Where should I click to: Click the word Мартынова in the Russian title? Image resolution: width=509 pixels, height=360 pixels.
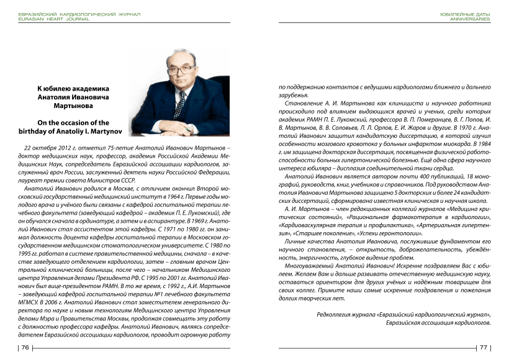[x=73, y=106]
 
